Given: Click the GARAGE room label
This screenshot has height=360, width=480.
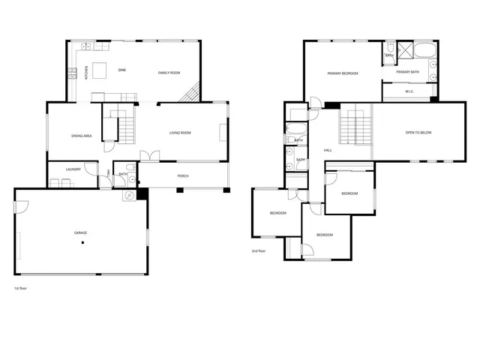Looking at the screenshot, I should click(80, 233).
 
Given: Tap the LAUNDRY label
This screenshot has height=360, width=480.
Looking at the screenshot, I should click(73, 169).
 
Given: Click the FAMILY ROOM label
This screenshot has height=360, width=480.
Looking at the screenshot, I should click(169, 73).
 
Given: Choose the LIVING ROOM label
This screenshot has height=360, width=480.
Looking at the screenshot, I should click(180, 133).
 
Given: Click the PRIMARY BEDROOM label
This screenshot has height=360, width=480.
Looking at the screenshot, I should click(342, 73).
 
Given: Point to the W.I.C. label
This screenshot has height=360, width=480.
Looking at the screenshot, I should click(409, 93).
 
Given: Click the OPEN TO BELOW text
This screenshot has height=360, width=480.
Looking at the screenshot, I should click(418, 133).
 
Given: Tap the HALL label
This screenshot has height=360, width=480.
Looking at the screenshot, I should click(328, 150).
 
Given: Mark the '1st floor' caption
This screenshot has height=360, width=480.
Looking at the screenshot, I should click(21, 288).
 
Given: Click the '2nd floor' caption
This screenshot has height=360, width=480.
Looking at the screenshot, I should click(259, 251).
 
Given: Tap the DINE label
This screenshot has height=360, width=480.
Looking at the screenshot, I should click(122, 70).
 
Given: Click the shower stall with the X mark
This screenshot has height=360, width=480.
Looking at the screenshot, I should click(406, 52).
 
